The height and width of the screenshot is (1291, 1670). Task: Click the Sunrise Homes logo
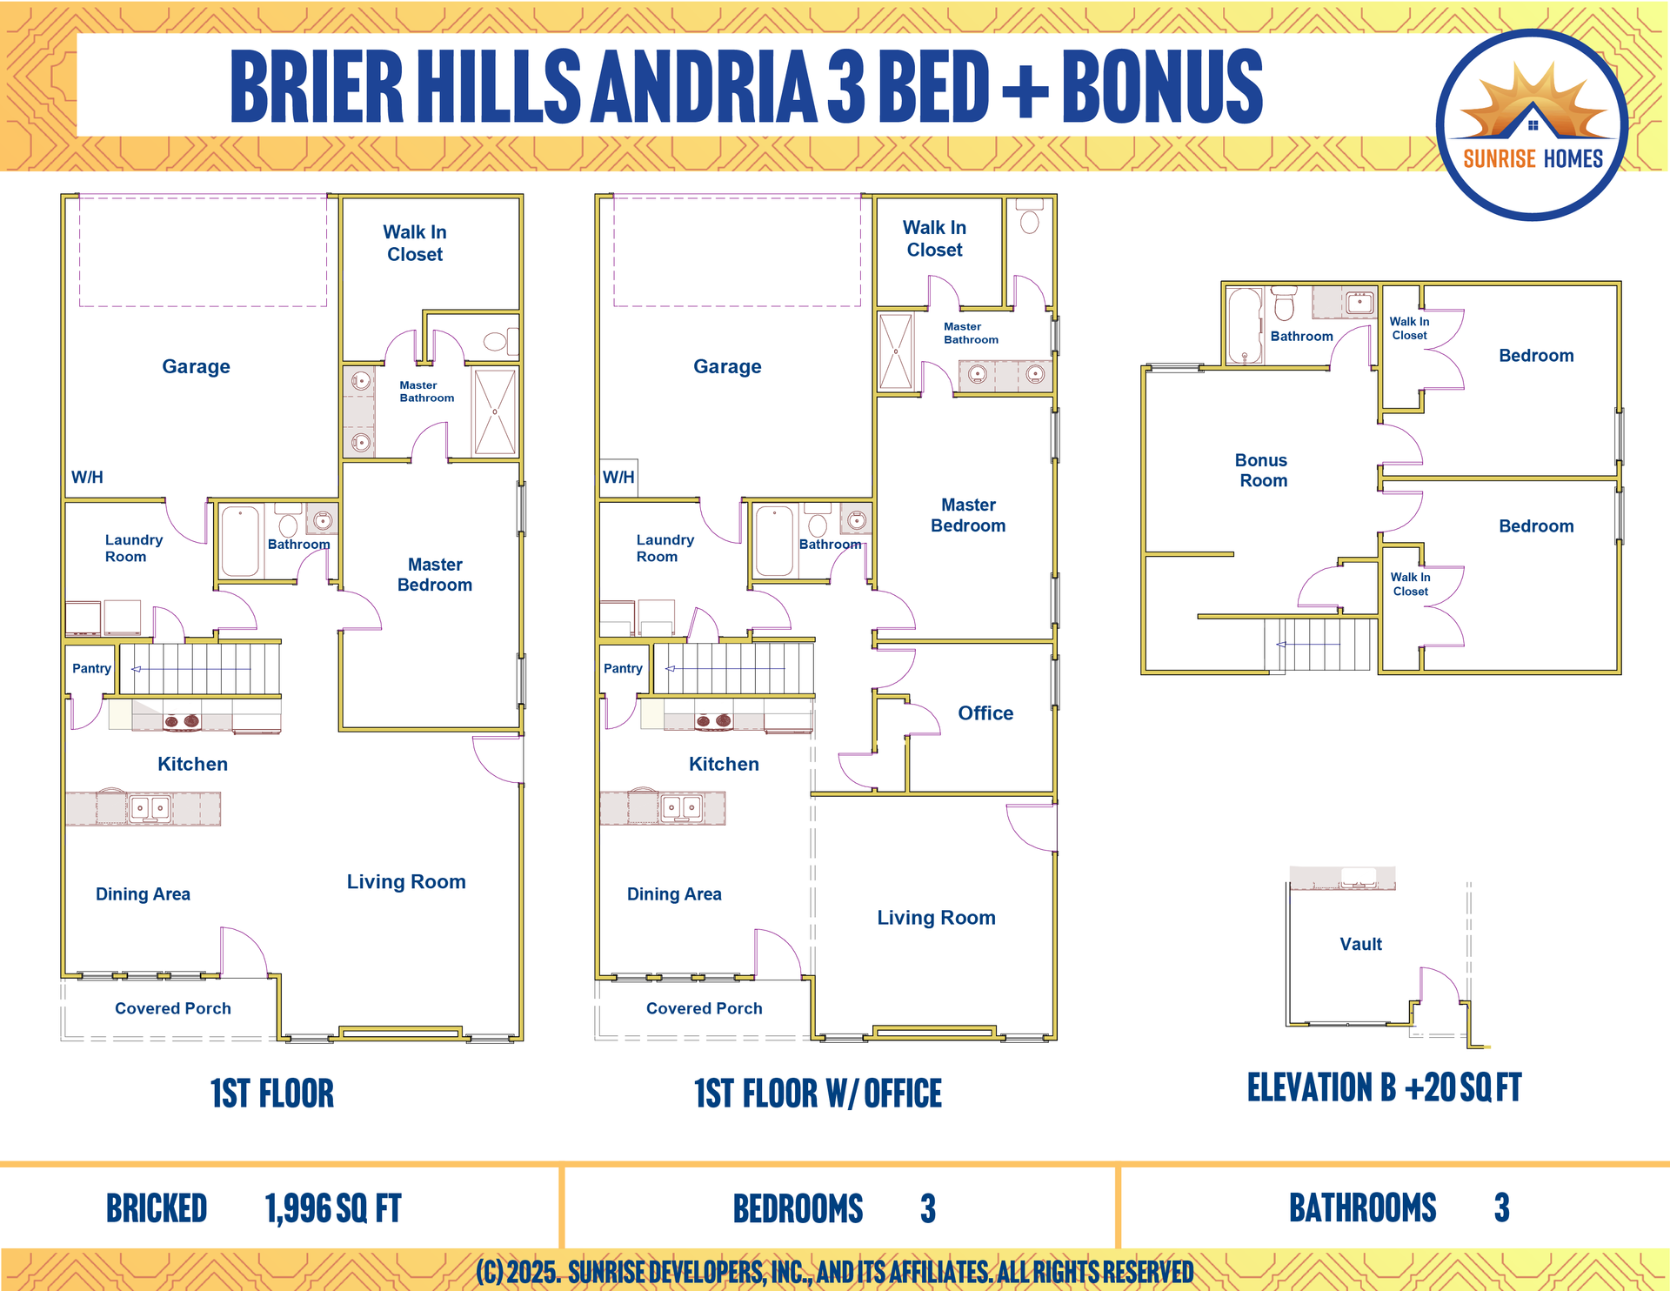(1532, 124)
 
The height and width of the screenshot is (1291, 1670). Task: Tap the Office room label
(985, 713)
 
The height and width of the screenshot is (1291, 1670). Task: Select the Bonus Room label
(1263, 471)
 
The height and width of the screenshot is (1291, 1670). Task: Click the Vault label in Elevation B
(1360, 944)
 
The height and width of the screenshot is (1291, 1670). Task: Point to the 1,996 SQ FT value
(333, 1208)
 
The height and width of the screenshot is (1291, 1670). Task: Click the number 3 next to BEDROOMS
(928, 1208)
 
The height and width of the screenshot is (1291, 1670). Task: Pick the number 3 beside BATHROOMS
(1502, 1207)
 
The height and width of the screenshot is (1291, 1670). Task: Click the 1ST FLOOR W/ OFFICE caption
(818, 1094)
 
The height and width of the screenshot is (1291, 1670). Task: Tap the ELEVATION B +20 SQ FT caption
(1384, 1087)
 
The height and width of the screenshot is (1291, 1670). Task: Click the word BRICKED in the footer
(157, 1208)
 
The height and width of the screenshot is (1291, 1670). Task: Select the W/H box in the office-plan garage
(618, 478)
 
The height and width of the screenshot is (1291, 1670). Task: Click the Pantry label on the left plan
(91, 668)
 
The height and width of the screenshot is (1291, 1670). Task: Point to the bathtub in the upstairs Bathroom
(1245, 325)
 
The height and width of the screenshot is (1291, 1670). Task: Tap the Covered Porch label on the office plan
(705, 1008)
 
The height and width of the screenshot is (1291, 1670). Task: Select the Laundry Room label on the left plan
(133, 548)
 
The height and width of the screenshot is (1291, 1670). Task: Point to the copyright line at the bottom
(835, 1272)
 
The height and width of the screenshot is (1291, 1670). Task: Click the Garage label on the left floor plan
(196, 366)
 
